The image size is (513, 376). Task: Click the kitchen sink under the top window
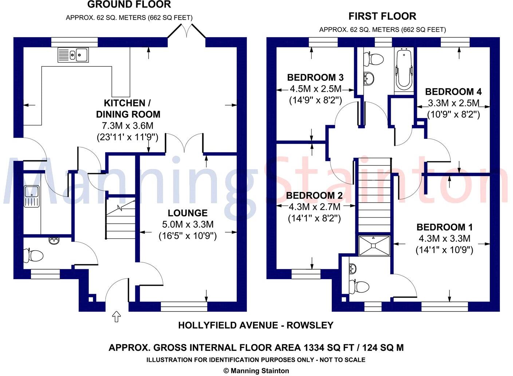73,55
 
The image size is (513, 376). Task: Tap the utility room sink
31,196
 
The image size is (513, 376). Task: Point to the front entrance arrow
117,317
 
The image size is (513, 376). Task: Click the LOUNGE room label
188,213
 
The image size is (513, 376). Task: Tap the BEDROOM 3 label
315,77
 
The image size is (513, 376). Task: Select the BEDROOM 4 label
453,91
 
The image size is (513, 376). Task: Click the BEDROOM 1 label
445,227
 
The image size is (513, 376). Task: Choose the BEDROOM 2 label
314,196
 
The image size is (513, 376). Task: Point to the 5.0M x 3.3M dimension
188,224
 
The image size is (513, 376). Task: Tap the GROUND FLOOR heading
129,5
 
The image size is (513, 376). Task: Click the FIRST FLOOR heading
382,16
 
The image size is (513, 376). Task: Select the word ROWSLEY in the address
310,325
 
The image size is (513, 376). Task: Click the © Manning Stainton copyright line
256,371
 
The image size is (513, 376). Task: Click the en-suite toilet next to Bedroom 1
359,286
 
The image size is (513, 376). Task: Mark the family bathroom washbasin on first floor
369,78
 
